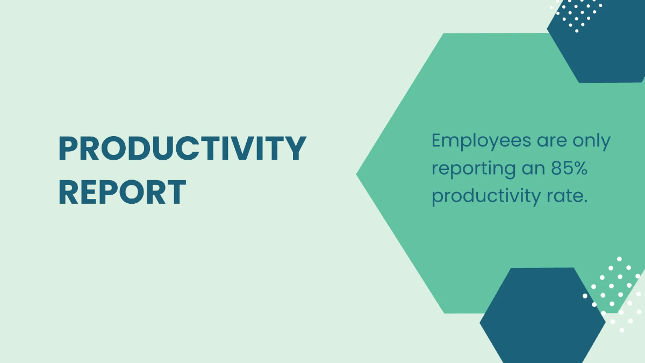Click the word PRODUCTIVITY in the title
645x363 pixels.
click(183, 148)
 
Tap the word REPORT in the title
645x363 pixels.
click(123, 192)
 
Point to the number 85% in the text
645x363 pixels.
click(569, 168)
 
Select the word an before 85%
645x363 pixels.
click(534, 170)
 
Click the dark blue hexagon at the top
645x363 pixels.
click(596, 41)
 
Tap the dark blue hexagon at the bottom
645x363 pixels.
click(542, 316)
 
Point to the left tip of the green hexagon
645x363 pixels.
click(356, 174)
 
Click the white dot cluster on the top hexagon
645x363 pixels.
click(576, 15)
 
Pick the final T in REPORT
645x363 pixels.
click(176, 192)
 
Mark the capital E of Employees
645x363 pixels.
click(437, 140)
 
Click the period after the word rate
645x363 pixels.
click(585, 202)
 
